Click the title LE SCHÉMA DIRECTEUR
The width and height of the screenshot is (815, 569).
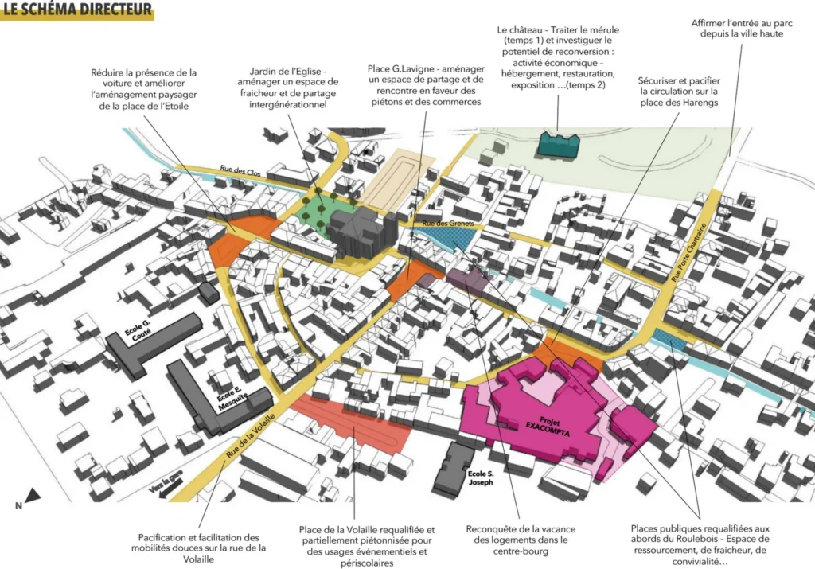77,10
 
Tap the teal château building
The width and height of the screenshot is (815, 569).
558,145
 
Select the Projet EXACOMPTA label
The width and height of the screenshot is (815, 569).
548,426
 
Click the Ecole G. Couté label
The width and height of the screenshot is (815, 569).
138,330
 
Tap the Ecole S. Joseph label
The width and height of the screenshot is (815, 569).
481,477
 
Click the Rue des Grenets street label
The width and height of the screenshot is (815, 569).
448,224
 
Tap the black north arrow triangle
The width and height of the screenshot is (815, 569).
33,495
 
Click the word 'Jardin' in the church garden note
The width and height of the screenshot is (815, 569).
263,71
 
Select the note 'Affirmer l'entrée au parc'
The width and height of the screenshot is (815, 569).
742,23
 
